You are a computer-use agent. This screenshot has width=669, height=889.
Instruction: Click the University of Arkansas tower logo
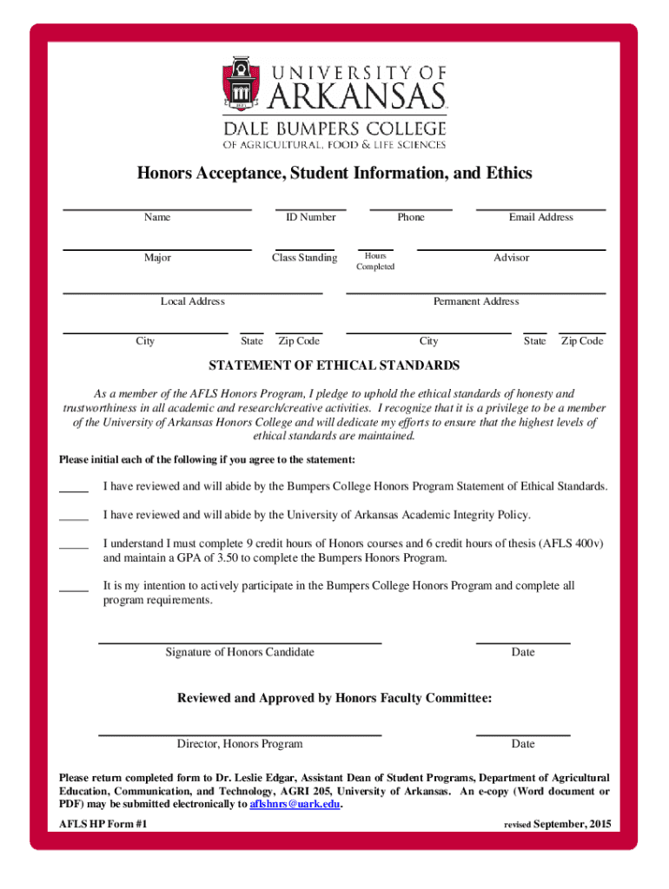241,86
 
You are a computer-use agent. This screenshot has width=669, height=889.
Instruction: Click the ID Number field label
311,217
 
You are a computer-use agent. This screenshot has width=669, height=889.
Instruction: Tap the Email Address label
540,217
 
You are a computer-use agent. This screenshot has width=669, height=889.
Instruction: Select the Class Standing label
304,258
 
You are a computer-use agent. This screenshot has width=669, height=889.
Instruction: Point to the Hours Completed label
375,261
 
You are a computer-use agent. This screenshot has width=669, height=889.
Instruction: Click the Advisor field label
511,258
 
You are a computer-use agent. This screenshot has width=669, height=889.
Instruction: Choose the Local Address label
193,301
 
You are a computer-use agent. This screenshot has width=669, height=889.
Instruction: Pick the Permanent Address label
476,301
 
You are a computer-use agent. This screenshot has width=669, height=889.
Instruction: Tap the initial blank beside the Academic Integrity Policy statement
74,518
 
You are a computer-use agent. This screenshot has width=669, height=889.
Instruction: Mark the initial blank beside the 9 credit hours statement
74,547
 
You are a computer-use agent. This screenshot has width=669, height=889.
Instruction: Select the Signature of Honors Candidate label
240,652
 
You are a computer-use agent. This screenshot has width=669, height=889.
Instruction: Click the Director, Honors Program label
240,744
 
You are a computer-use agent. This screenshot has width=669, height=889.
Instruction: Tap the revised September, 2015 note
558,824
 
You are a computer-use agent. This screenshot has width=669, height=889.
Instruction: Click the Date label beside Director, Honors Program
523,744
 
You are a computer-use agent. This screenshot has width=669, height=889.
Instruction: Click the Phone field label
411,217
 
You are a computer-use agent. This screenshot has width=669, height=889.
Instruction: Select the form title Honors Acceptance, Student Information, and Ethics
334,174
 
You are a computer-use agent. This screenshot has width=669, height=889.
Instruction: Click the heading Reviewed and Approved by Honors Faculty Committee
334,698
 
